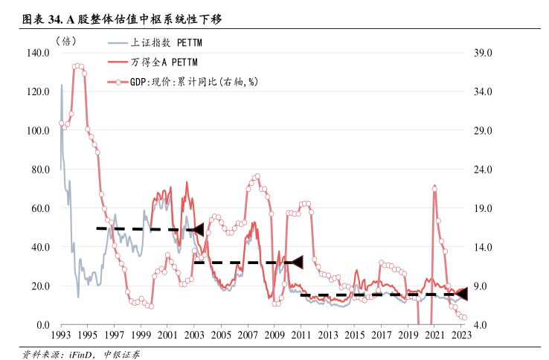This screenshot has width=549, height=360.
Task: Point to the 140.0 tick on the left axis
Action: (x=36, y=53)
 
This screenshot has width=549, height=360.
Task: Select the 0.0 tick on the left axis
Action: (x=43, y=325)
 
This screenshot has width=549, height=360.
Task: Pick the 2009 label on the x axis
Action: (x=274, y=336)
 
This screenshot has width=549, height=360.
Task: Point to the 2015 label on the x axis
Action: (x=355, y=336)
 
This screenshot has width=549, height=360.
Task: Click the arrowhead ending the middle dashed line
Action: (x=297, y=263)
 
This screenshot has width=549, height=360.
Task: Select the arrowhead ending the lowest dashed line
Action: (x=461, y=295)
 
